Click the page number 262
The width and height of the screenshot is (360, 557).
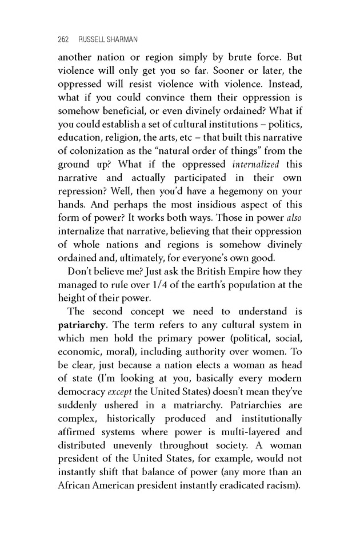[63, 39]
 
